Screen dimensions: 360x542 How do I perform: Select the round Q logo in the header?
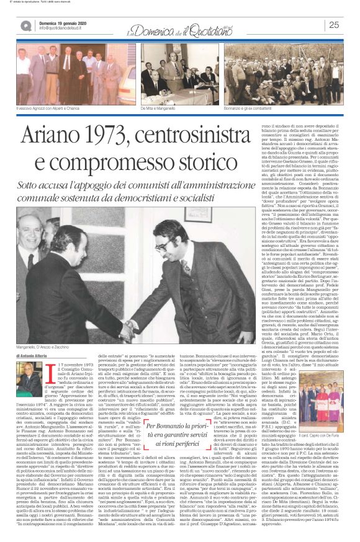(26, 25)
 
